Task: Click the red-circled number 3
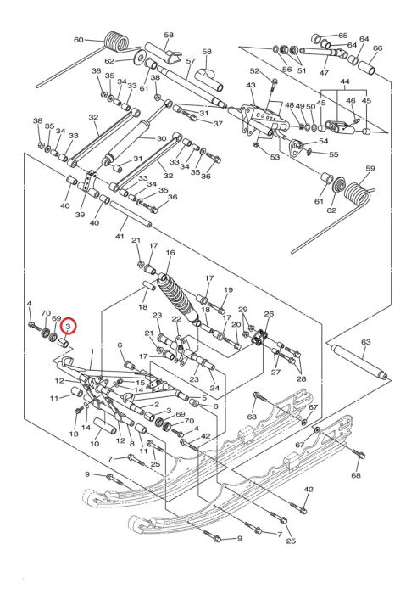[69, 326]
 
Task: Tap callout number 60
[78, 40]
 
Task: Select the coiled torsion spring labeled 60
[115, 42]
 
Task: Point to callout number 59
[370, 169]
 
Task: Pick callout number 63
[366, 342]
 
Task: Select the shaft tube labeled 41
[131, 214]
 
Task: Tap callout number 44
[345, 81]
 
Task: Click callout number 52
[255, 70]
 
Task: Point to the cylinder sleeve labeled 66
[367, 66]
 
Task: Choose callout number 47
[325, 72]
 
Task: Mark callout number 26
[269, 314]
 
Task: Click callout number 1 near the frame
[92, 352]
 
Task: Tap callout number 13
[74, 434]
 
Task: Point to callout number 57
[191, 61]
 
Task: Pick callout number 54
[324, 141]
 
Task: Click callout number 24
[214, 389]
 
